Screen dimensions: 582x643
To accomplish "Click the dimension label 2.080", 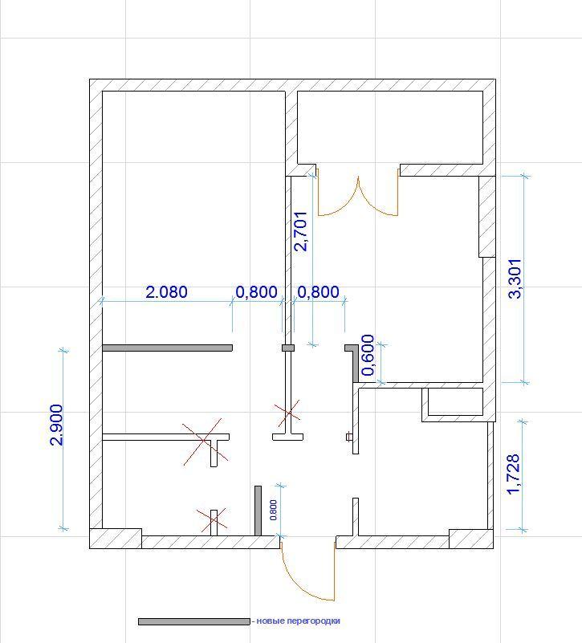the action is (x=166, y=292).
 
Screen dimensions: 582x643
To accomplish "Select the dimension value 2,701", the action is (x=301, y=231).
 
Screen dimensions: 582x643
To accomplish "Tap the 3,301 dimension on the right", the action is (x=515, y=279).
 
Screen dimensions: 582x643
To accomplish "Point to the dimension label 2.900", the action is (x=55, y=425).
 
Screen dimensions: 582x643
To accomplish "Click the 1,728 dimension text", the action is (x=514, y=474).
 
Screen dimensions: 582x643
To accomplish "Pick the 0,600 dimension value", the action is (x=368, y=355).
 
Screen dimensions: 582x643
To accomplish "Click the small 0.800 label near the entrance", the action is (x=273, y=510).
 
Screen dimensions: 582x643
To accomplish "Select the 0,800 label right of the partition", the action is (x=318, y=292).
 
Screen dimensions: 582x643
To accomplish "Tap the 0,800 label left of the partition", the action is (x=256, y=292).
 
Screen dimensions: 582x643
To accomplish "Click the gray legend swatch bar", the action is (x=194, y=621).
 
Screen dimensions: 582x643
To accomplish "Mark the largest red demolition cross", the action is (x=204, y=442).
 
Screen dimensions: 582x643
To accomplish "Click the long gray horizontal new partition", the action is (x=167, y=348).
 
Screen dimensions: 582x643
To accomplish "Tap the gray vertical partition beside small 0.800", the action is (x=258, y=511).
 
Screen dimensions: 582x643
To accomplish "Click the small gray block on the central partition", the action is (x=288, y=348).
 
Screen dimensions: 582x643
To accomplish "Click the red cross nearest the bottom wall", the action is (x=212, y=519).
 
